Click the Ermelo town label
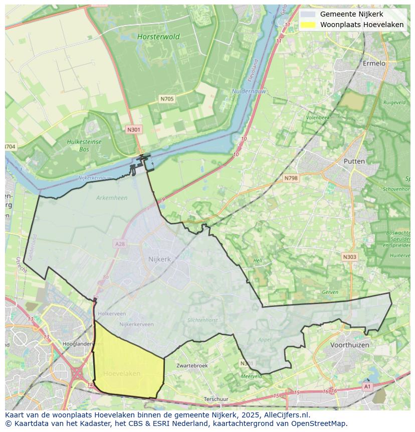(374, 63)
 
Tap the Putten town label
(354, 161)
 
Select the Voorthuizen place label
(349, 345)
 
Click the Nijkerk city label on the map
(159, 259)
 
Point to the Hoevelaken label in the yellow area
(122, 374)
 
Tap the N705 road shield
(167, 99)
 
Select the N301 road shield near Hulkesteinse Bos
(134, 129)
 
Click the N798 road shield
(290, 178)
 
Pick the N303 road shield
(349, 257)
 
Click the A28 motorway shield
(119, 244)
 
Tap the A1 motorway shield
(367, 386)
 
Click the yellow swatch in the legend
(308, 25)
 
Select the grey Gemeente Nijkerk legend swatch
(308, 14)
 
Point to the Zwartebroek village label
(192, 366)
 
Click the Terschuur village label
(216, 399)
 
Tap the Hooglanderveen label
(82, 344)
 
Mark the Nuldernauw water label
(249, 91)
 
